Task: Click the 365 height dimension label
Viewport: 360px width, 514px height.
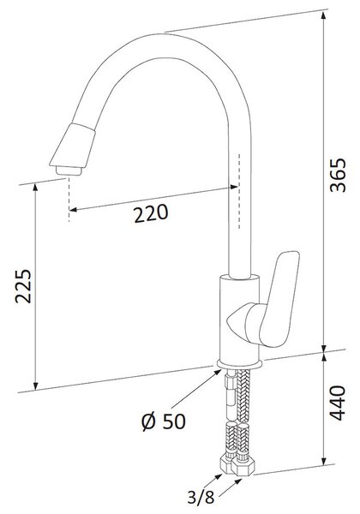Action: [x=338, y=175]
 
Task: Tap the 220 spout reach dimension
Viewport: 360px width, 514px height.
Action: [x=151, y=213]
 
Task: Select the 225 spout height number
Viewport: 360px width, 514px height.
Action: [x=23, y=286]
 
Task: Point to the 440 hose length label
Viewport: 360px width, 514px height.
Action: [x=338, y=403]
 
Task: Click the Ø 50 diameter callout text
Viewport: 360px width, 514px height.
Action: [x=164, y=421]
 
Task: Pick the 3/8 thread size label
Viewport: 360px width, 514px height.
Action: [x=201, y=497]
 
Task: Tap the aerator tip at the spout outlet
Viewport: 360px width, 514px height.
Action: [x=69, y=170]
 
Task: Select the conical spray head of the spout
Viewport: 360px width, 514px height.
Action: [x=73, y=146]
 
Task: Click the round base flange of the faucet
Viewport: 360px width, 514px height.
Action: [x=239, y=363]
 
